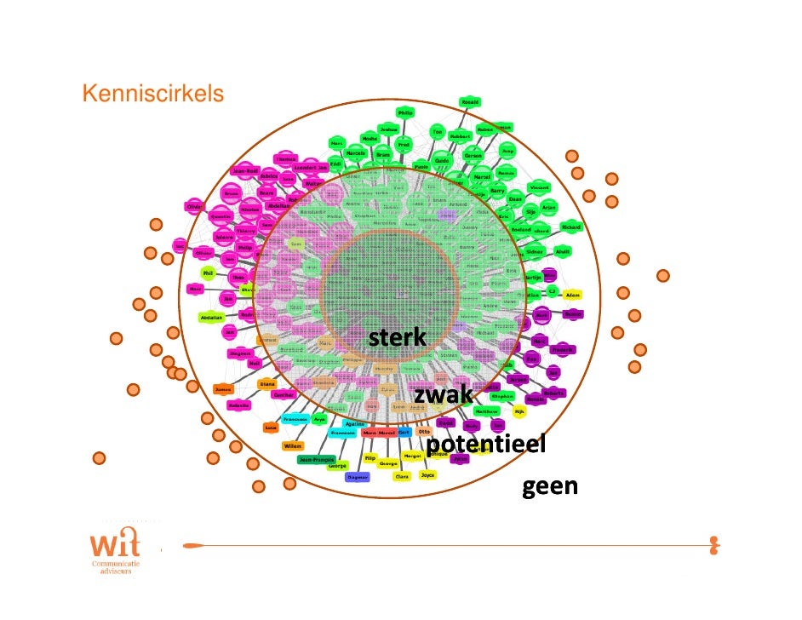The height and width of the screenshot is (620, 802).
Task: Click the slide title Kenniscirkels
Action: point(152,92)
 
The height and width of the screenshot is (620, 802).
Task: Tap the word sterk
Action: point(397,338)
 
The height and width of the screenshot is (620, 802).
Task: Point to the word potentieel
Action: point(485,445)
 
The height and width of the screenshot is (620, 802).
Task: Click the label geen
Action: point(550,486)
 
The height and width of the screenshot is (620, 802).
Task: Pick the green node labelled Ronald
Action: point(470,102)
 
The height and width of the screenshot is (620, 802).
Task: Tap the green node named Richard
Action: point(571,227)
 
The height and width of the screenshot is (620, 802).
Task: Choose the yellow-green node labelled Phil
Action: point(209,273)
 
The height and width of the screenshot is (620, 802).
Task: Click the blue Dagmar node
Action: point(358,477)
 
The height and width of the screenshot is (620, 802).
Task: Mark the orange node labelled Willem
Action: point(293,445)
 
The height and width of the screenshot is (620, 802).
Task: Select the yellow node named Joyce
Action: point(427,475)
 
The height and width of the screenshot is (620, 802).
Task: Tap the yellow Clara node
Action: point(402,477)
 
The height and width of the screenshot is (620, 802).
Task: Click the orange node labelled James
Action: point(224,389)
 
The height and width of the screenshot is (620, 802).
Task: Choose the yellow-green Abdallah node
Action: point(211,318)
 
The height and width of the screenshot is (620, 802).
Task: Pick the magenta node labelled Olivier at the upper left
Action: point(195,207)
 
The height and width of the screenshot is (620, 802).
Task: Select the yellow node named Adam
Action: point(573,295)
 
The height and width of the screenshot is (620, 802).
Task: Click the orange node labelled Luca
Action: point(272,427)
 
